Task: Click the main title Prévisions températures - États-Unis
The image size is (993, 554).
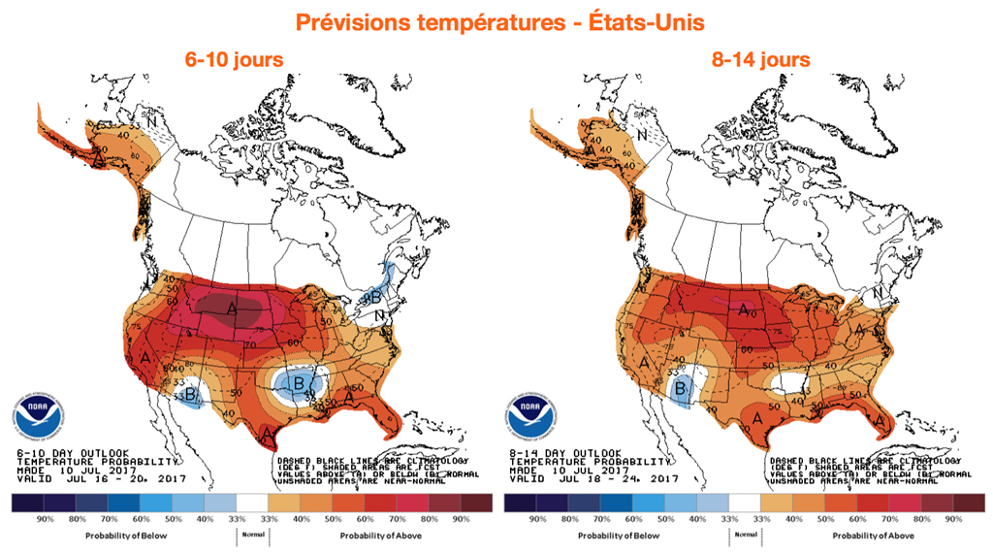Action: tap(496, 21)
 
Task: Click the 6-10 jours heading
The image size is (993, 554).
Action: tap(235, 60)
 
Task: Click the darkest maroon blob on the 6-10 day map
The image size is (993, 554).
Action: tap(231, 309)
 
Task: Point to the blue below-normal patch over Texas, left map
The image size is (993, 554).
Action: tap(300, 387)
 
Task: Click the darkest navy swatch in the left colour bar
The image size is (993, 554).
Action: tap(29, 503)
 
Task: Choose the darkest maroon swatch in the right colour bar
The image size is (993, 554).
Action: tap(965, 503)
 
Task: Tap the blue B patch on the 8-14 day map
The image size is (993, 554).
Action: tap(682, 389)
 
